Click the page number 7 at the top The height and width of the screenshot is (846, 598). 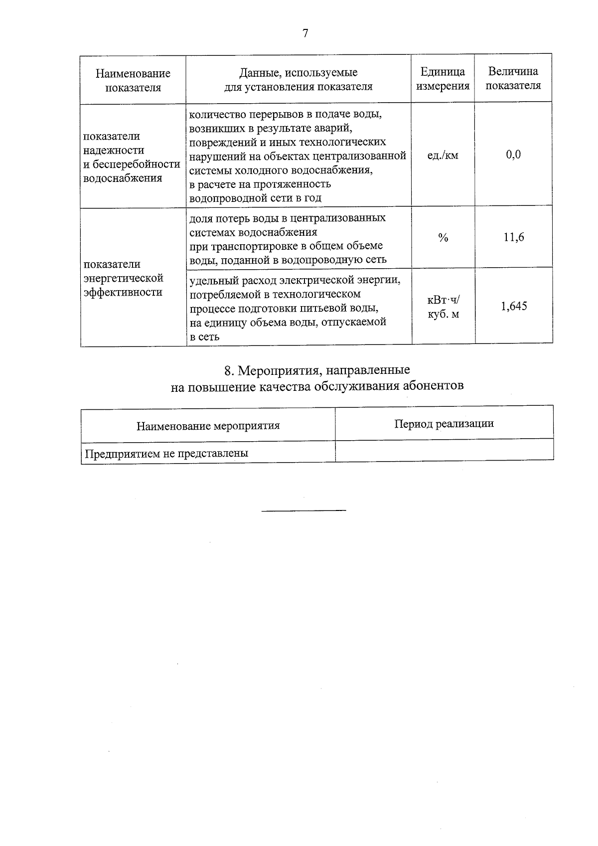(305, 33)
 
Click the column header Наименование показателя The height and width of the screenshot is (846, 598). (133, 80)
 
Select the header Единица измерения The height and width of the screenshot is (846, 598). (443, 79)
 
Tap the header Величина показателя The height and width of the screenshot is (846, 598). (513, 78)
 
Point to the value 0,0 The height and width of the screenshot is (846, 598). (513, 155)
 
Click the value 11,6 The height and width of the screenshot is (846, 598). (514, 237)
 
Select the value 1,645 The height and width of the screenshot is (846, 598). (514, 306)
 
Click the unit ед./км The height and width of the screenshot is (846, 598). (443, 155)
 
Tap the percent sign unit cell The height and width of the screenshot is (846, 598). (443, 238)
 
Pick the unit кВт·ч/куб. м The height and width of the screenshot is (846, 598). (443, 307)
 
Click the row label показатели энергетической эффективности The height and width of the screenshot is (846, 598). (124, 278)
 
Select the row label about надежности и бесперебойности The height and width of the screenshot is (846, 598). (132, 157)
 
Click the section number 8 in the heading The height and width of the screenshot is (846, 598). (228, 371)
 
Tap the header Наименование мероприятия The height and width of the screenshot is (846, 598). (208, 426)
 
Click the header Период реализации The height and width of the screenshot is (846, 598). (444, 424)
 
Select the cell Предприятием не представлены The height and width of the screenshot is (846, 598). (166, 454)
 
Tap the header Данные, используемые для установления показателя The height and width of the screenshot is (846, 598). (298, 79)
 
